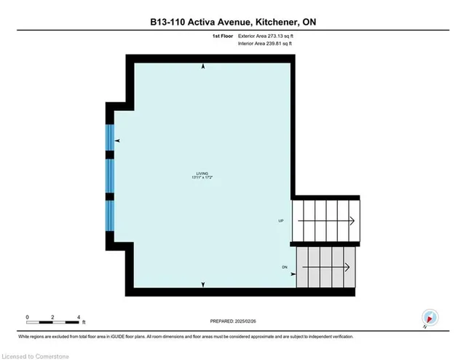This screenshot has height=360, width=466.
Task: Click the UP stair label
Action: (281, 220)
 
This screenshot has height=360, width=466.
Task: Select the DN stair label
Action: (285, 267)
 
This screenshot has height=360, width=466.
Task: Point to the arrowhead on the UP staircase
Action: (351, 220)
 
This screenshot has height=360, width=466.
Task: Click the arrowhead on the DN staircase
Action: (351, 267)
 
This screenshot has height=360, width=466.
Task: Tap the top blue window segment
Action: (110, 136)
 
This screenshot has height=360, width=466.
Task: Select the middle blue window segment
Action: (110, 174)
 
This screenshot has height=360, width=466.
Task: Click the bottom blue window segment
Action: (110, 214)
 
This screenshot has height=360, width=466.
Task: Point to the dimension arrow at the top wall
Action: (203, 66)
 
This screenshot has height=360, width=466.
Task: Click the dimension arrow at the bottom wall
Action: (203, 284)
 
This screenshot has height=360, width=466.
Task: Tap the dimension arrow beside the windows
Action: (117, 141)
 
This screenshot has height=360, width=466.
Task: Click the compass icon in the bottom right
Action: (430, 317)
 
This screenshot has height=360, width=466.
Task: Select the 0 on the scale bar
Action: (27, 318)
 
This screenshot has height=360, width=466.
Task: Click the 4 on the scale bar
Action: (78, 318)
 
